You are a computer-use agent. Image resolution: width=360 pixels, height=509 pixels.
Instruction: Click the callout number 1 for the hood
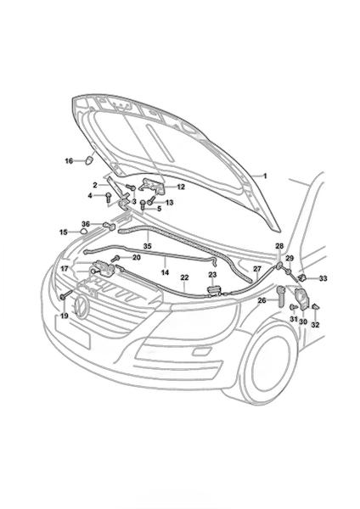coord(265,176)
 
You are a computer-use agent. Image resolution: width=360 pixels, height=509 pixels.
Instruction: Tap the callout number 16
coord(69,160)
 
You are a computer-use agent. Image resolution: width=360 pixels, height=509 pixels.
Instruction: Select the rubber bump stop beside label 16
coord(89,160)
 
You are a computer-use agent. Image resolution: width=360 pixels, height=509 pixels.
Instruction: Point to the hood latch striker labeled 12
coord(152,187)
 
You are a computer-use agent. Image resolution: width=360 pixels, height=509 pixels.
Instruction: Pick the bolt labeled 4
coord(108,197)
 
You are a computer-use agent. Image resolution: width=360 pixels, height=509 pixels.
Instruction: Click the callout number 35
coord(147,246)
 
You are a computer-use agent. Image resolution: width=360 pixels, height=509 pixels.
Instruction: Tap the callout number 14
coord(165,272)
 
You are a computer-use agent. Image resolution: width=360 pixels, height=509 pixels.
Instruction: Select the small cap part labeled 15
coord(83,232)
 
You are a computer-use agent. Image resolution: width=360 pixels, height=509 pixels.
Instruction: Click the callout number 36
coord(86,224)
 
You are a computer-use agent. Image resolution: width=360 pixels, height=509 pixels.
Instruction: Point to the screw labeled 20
coord(115,259)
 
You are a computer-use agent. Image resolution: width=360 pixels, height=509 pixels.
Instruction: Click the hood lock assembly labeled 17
coord(103,268)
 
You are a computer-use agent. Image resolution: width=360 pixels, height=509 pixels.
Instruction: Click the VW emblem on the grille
coord(81,307)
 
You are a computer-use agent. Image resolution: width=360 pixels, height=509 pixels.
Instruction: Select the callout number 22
coord(184,278)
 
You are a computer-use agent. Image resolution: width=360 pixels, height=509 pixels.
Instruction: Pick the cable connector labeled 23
coord(213,289)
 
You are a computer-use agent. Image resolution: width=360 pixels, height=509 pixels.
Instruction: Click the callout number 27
coord(257,269)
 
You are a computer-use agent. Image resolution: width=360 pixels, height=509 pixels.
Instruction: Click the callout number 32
coord(315,325)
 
